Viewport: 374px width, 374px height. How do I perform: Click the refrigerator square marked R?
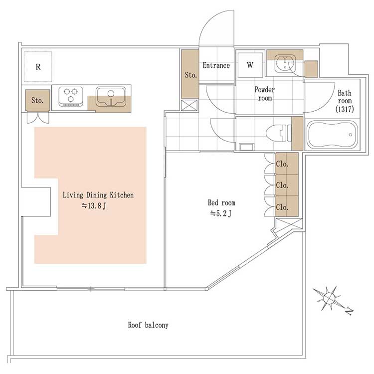pos(38,67)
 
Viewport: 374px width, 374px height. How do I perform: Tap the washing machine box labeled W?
pos(250,65)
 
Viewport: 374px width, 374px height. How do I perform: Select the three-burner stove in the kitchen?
pos(71,96)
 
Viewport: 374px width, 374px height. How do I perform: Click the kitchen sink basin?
pos(111,96)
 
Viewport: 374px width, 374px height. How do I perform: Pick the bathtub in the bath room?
pos(332,134)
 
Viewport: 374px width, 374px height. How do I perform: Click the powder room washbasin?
pos(285,63)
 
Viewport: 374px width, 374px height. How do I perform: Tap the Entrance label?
pos(216,65)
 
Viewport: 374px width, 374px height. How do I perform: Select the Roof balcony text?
pos(148,325)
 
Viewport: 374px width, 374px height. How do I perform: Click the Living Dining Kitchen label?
pos(98,195)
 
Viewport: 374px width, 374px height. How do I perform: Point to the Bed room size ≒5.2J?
pos(220,213)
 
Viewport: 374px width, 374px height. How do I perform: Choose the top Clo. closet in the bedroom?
pos(286,164)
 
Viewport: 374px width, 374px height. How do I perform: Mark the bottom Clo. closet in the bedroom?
pos(286,206)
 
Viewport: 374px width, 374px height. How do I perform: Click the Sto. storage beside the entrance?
pos(190,74)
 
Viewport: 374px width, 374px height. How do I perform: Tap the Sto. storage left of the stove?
pos(37,100)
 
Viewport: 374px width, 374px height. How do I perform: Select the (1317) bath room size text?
pos(345,109)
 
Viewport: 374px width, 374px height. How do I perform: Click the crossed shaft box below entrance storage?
pos(189,105)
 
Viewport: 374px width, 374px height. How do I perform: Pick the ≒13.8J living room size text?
pos(94,205)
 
